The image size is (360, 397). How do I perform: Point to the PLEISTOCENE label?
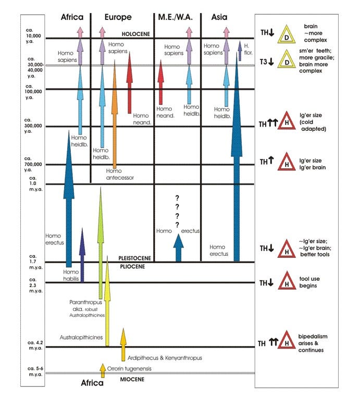click(135, 258)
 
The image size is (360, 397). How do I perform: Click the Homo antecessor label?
click(120, 174)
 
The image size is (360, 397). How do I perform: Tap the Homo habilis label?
click(70, 275)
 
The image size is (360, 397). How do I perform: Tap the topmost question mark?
click(177, 197)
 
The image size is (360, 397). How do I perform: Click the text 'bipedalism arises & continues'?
click(313, 343)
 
